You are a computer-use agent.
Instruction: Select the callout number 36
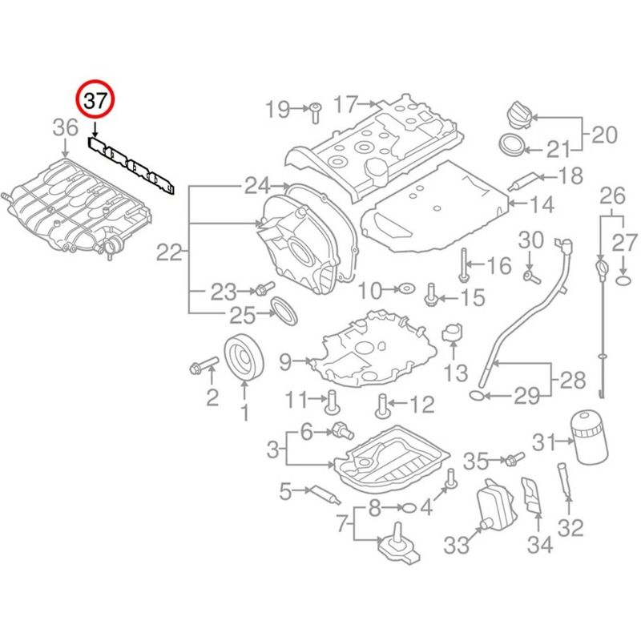pos(67,127)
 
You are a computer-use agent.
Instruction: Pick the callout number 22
pos(169,253)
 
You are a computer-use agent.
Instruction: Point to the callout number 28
pos(573,381)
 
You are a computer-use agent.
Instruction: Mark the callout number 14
pos(542,205)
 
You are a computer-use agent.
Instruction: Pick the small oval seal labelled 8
pos(408,507)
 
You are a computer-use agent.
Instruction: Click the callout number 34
pos(539,546)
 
